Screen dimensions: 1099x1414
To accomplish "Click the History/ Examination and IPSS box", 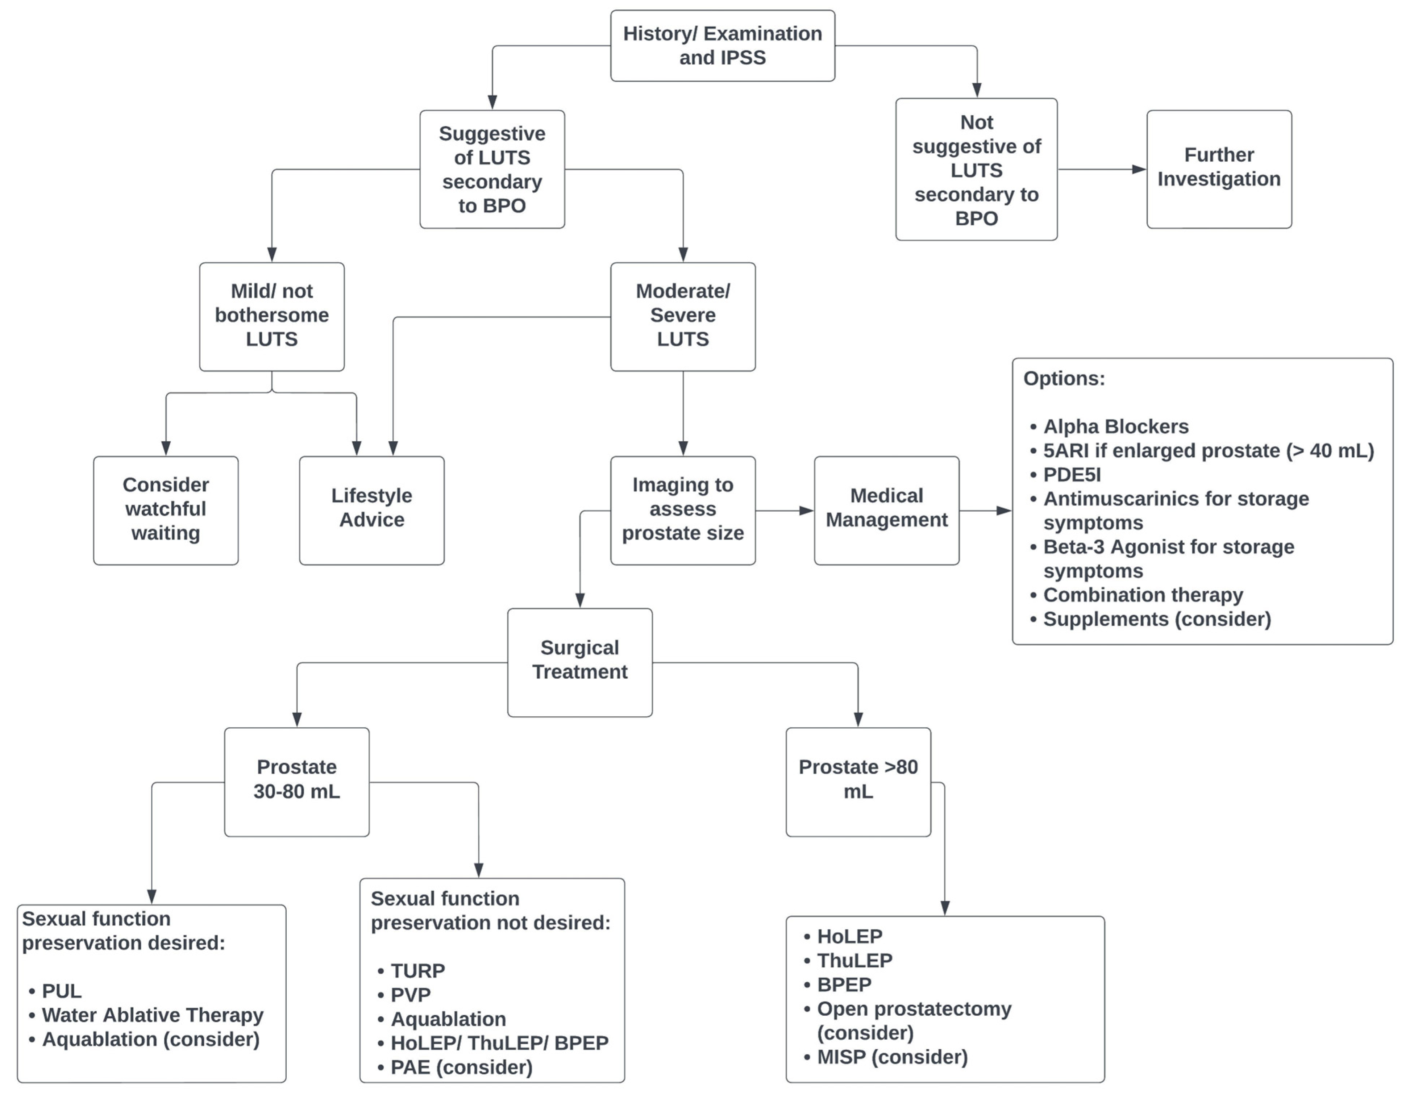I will pyautogui.click(x=723, y=45).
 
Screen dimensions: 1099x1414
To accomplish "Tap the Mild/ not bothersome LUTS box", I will pyautogui.click(x=271, y=316).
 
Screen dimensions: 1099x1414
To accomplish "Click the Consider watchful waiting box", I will pyautogui.click(x=166, y=510).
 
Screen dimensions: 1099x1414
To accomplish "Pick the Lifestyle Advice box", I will pyautogui.click(x=372, y=510).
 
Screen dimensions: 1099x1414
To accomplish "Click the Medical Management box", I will pyautogui.click(x=886, y=510).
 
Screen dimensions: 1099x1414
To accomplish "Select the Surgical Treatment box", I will pyautogui.click(x=579, y=662).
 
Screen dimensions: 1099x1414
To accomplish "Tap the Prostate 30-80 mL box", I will pyautogui.click(x=296, y=781).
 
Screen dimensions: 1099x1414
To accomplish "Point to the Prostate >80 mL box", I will pyautogui.click(x=858, y=781).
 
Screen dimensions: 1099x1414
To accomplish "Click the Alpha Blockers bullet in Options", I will pyautogui.click(x=1115, y=426).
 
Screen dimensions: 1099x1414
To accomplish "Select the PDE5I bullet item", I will pyautogui.click(x=1072, y=474).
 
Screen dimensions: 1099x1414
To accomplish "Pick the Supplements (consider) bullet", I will pyautogui.click(x=1156, y=619).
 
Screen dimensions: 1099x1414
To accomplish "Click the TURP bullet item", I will pyautogui.click(x=417, y=971).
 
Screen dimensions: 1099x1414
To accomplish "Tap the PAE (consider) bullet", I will pyautogui.click(x=461, y=1067).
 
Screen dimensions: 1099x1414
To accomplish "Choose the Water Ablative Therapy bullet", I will pyautogui.click(x=152, y=1015).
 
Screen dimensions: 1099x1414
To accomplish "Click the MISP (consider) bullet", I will pyautogui.click(x=891, y=1057).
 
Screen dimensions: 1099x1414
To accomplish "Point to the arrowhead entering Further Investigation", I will pyautogui.click(x=1139, y=170).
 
